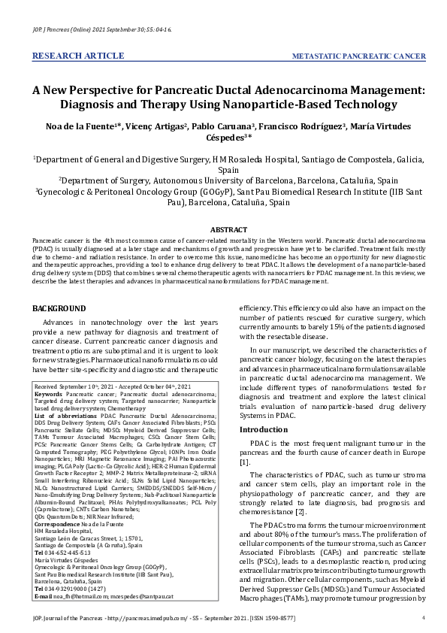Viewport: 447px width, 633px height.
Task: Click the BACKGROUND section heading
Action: [x=60, y=309]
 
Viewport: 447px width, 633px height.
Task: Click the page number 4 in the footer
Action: [x=424, y=618]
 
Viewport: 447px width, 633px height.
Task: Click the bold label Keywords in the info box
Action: [x=49, y=393]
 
